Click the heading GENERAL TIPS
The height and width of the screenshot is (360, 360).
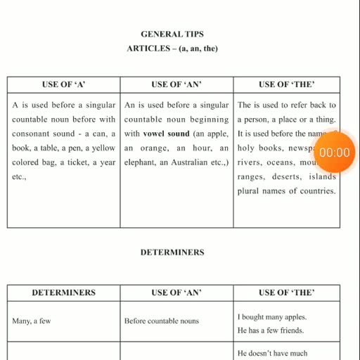172,34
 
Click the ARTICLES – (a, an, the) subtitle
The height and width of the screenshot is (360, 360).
172,49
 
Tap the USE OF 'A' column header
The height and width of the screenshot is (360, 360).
64,84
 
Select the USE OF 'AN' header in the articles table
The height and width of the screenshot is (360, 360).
176,84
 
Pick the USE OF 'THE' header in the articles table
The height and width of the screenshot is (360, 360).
286,84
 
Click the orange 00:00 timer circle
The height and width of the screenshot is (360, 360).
334,153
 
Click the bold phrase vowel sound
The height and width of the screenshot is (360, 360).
167,134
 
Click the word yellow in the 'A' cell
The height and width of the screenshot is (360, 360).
104,148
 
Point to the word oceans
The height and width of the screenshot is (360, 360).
280,162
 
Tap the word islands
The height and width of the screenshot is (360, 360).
323,176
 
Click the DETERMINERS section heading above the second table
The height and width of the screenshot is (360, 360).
172,252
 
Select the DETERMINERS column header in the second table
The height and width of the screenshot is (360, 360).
63,292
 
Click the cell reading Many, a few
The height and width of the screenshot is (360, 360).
32,321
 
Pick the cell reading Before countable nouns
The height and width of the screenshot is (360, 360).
162,321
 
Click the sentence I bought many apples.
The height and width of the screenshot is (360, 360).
272,316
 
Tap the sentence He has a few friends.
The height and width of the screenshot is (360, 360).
271,330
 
